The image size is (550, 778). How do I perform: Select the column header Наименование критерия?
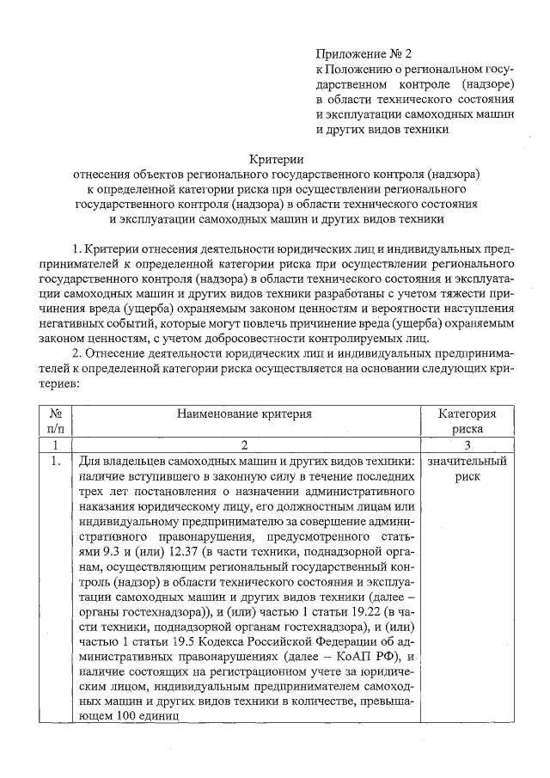tap(244, 413)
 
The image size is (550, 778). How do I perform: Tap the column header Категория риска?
tap(467, 420)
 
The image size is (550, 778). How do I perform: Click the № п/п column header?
tap(54, 420)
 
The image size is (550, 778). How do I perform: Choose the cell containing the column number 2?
tap(244, 445)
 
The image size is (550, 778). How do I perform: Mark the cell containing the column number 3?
tap(467, 445)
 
